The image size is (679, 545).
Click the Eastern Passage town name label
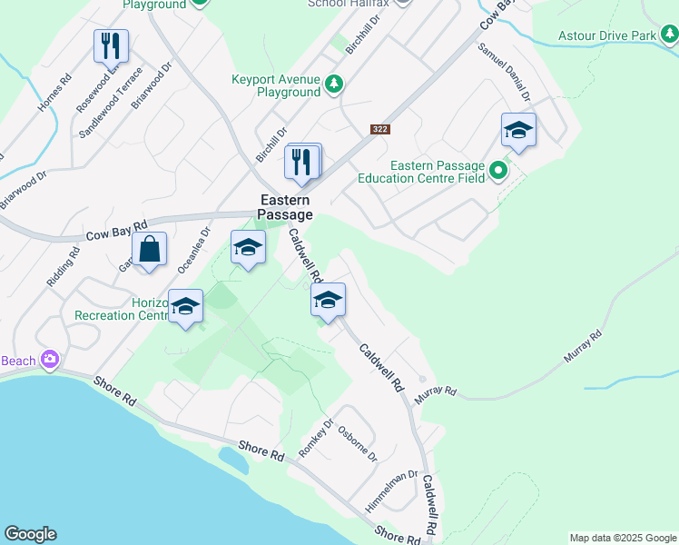[285, 207]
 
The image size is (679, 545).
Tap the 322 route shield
[379, 130]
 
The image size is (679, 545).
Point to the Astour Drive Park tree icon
[669, 35]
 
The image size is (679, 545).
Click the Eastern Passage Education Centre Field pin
[498, 170]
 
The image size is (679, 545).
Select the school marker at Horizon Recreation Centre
[185, 307]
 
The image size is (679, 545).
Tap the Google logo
[30, 534]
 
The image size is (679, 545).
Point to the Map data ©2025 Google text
[623, 538]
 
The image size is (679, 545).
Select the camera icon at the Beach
[49, 360]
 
